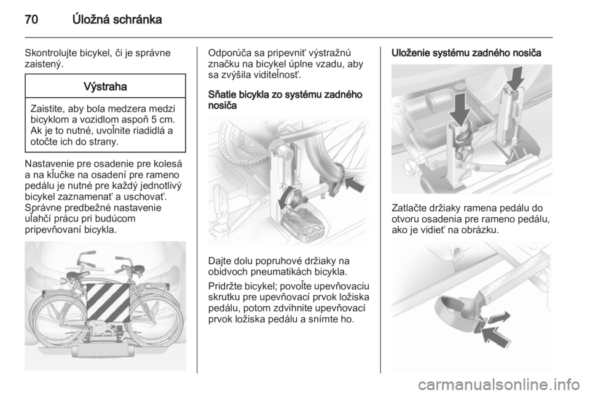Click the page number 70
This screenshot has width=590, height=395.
coord(31,20)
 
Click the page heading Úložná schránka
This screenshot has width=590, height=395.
coord(117,19)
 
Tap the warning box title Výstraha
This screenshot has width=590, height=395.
coord(105,87)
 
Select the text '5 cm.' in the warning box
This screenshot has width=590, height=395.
coord(163,120)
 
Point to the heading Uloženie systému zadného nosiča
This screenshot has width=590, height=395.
coord(466,54)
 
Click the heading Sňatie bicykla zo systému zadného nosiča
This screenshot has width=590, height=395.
coord(285,100)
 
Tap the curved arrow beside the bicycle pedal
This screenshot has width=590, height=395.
coord(287,197)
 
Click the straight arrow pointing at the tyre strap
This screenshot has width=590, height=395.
coord(355,183)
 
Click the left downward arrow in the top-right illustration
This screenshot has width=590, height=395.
coord(460,109)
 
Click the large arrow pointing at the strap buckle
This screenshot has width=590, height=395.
coord(497,336)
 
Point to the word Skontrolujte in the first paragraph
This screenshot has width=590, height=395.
coord(51,53)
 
